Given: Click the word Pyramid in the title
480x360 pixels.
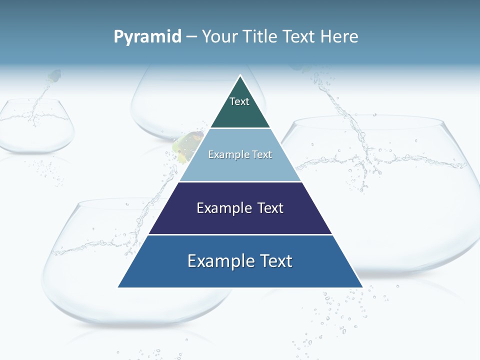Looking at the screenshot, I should pos(147,36).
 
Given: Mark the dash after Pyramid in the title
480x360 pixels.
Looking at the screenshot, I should pos(191,37).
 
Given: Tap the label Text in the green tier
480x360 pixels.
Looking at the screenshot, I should pos(239,101).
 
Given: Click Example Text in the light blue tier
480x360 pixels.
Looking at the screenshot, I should pos(240,154).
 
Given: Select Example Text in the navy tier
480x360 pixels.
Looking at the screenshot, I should pos(240,208).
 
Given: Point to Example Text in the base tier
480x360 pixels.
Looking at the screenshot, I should pos(240,261).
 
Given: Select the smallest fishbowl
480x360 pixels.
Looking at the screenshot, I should pos(36,127).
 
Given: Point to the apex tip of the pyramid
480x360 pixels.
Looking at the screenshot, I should pos(240,76).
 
